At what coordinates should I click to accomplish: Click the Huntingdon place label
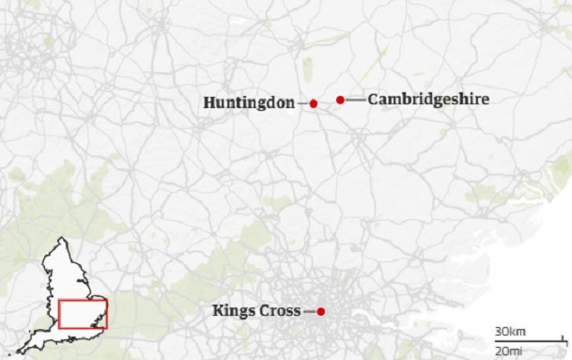(x=249, y=102)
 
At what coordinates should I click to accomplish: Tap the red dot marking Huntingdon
(x=314, y=103)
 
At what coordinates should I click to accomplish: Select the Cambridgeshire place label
(x=428, y=99)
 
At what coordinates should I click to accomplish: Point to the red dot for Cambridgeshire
(x=341, y=99)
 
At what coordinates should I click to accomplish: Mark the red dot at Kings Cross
(x=320, y=311)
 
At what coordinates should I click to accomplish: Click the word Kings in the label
(x=233, y=311)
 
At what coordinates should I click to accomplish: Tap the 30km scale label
(x=510, y=332)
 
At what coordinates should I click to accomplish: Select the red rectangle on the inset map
(x=84, y=313)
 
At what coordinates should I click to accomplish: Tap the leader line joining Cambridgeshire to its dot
(x=355, y=99)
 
